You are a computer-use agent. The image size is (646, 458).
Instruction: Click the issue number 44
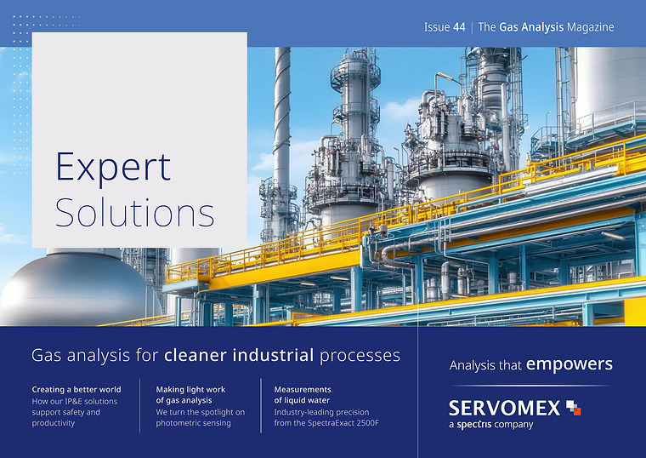tap(459, 27)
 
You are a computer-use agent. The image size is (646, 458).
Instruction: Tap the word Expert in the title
tap(113, 168)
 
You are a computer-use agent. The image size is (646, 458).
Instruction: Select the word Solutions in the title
tap(134, 212)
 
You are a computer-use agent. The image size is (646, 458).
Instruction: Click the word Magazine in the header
tap(591, 27)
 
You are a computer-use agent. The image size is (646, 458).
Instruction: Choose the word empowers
tap(569, 364)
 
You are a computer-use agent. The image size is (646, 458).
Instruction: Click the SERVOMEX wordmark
tap(504, 408)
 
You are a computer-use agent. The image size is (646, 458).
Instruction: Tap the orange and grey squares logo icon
tap(574, 407)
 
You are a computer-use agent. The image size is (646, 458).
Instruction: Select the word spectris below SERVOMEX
tap(474, 425)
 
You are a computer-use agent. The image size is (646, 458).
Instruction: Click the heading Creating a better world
tap(76, 390)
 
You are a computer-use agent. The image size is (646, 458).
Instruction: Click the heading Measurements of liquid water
tap(303, 395)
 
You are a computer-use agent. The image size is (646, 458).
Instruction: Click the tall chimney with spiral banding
tap(282, 123)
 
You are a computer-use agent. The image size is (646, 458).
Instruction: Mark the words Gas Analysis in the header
tap(531, 27)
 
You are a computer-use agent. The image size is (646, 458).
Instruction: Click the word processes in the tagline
tap(360, 356)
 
